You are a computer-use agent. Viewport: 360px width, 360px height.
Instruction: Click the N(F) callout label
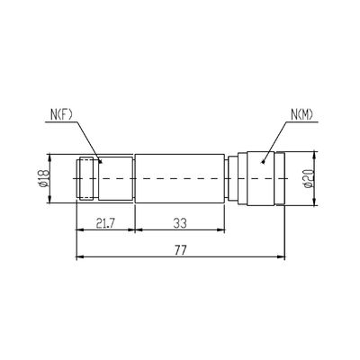(x=61, y=115)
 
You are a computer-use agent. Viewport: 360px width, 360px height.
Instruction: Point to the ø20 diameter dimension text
(x=308, y=179)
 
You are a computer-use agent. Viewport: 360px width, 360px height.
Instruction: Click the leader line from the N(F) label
(x=90, y=140)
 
